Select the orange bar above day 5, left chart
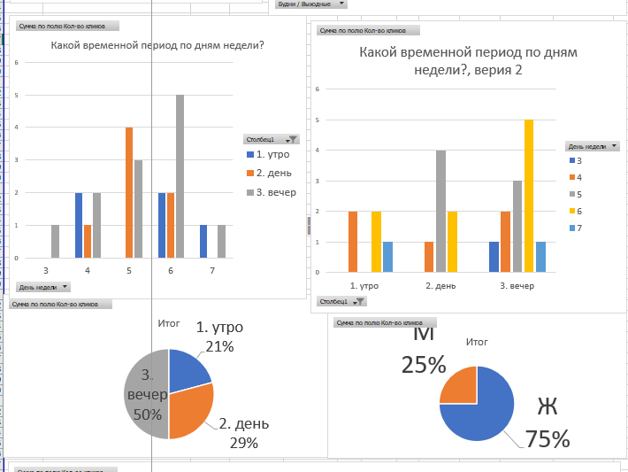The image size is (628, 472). [x=129, y=192]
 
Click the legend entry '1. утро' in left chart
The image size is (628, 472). [x=272, y=154]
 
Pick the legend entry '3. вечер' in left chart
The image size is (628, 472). [x=275, y=192]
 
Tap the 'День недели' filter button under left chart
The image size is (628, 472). [x=42, y=287]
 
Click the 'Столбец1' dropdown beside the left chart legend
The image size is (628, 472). [x=272, y=139]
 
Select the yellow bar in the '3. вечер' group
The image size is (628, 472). [x=529, y=196]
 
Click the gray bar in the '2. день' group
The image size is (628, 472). [x=440, y=211]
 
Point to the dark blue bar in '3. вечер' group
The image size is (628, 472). [x=494, y=257]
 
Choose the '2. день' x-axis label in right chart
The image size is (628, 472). [x=440, y=285]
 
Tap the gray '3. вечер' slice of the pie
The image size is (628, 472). [x=144, y=394]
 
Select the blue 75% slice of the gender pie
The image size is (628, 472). [x=482, y=416]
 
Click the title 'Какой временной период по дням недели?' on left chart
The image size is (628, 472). [x=157, y=46]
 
